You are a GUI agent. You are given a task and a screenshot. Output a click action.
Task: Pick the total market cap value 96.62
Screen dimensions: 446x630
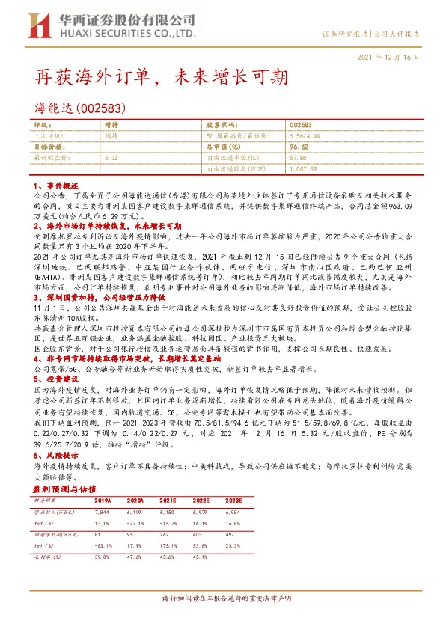[x=299, y=147]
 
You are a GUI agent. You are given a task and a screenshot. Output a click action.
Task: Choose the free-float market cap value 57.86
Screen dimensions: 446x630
[x=299, y=158]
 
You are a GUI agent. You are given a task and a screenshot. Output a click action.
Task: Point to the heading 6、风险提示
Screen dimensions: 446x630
[x=52, y=456]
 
